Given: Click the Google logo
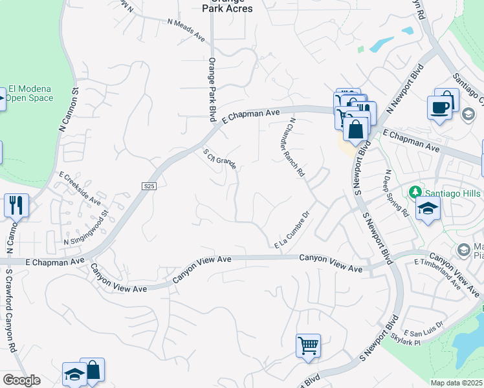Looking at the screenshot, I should (x=21, y=380).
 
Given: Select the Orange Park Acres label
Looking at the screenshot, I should (x=223, y=6).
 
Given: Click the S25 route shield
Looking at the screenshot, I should (x=149, y=186).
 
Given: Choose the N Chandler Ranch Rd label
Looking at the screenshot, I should (x=292, y=147).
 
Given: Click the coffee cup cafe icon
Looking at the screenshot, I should (x=439, y=106).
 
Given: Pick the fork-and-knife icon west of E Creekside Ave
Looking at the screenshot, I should (x=16, y=205).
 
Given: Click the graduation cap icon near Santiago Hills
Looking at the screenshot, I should (x=427, y=208).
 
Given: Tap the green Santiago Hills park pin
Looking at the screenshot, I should (x=415, y=192).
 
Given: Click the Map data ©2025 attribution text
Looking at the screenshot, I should (x=457, y=383).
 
